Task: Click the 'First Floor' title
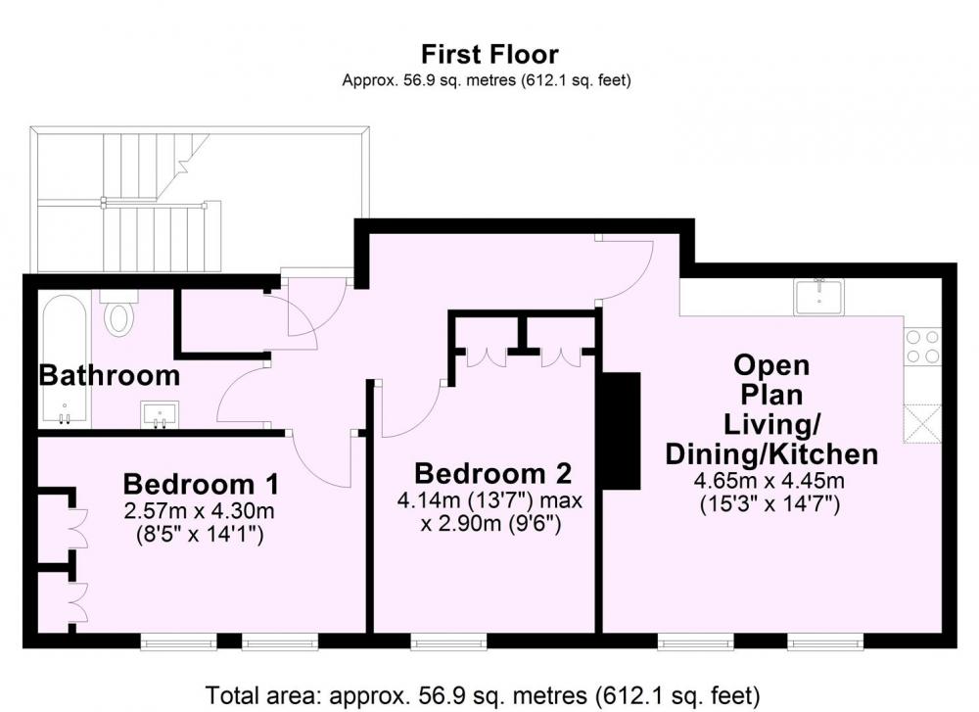489,54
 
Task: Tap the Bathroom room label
110,376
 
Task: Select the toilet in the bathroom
118,313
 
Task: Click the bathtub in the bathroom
65,360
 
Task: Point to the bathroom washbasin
160,414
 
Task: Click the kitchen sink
819,297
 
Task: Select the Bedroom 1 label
201,484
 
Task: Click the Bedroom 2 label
492,473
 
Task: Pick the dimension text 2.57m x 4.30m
199,511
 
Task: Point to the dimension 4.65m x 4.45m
769,481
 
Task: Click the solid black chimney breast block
621,430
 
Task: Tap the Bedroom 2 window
448,642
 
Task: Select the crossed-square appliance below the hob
922,423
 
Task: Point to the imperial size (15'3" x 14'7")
769,503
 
